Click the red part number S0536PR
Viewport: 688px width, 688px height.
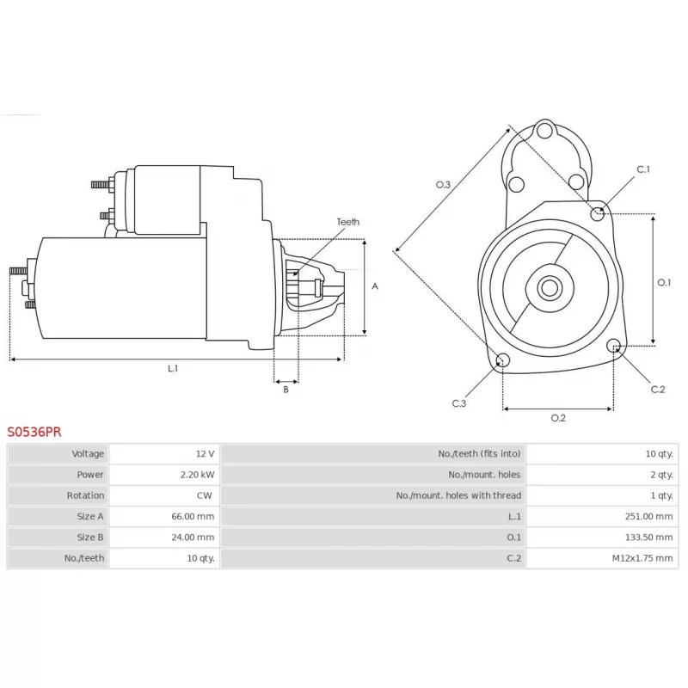(x=34, y=432)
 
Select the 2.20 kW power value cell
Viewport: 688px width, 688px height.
(x=164, y=475)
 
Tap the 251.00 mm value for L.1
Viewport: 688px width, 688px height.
(x=602, y=516)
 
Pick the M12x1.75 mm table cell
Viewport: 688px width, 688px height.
(x=602, y=557)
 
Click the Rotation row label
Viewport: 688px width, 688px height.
(x=85, y=495)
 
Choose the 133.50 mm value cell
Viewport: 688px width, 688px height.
(x=602, y=537)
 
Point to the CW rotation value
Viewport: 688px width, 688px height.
(x=204, y=495)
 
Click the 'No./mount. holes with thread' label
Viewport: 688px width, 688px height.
(x=458, y=495)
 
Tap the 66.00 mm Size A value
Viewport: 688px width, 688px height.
(x=193, y=516)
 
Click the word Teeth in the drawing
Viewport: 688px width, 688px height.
(x=348, y=222)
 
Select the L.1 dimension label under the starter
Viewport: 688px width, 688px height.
(x=173, y=368)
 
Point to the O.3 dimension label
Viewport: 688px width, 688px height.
(x=443, y=185)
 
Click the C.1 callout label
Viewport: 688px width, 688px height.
(x=643, y=169)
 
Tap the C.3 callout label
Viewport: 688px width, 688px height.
(x=459, y=403)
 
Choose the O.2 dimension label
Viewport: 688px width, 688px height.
(x=558, y=418)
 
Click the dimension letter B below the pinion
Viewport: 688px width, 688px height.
(x=286, y=390)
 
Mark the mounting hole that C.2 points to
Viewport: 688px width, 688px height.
(x=614, y=346)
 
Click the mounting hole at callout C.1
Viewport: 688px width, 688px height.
(x=597, y=213)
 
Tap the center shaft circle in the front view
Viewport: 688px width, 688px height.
(x=550, y=288)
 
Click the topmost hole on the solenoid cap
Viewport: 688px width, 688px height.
(x=544, y=131)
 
